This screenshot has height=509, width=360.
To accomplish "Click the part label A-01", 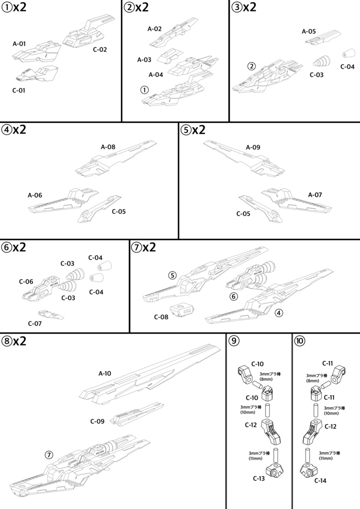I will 19,44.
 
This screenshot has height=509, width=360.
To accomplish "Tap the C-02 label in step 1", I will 99,50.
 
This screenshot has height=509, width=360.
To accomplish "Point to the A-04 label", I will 156,75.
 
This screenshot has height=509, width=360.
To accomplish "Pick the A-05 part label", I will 309,31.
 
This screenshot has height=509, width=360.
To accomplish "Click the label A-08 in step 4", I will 108,147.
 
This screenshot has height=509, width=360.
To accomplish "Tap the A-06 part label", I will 35,195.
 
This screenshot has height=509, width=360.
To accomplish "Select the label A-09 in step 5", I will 253,148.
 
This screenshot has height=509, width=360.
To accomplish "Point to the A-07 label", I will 315,195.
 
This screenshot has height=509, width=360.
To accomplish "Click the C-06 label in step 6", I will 26,282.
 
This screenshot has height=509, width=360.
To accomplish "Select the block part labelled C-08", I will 182,311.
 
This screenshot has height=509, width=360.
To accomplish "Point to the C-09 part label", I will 97,422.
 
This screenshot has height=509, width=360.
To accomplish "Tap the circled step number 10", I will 300,341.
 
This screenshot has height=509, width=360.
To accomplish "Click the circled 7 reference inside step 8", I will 49,454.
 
